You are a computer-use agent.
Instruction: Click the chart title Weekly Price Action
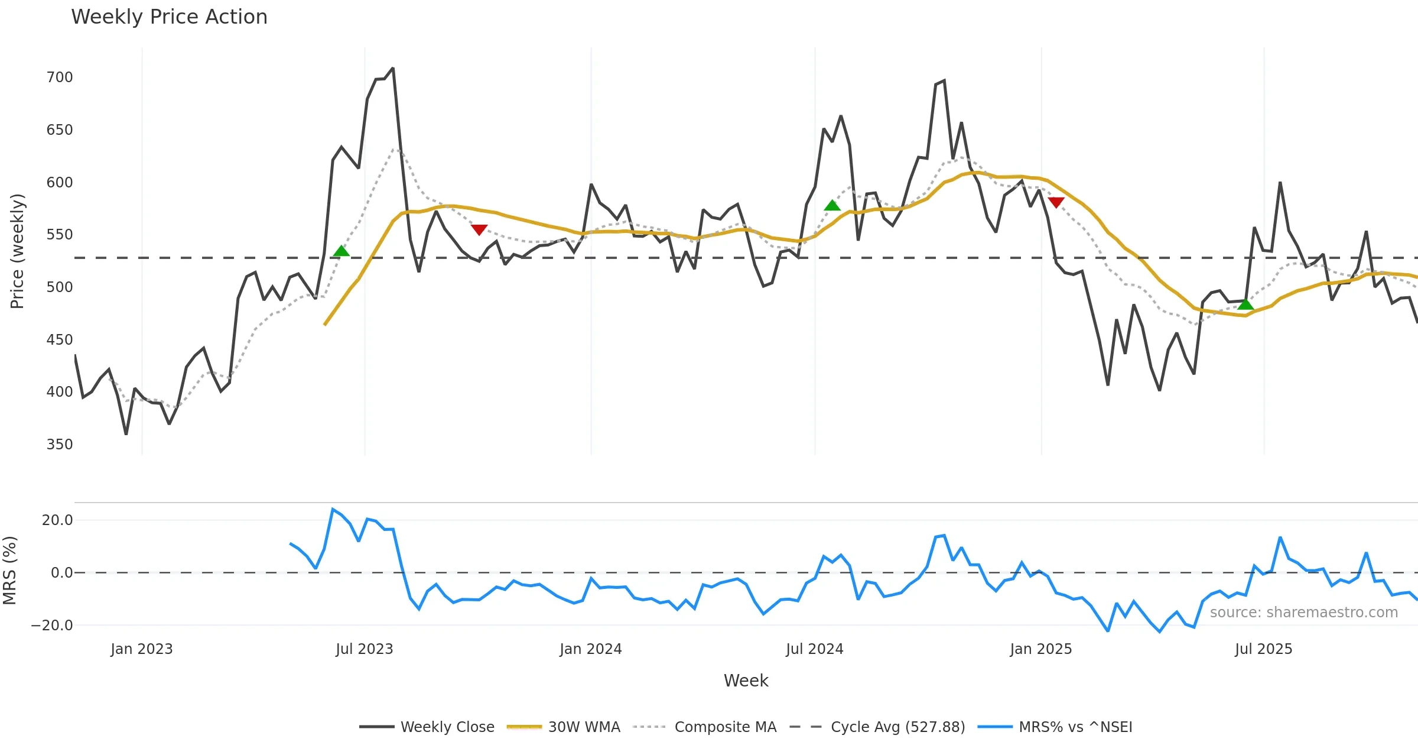click(169, 17)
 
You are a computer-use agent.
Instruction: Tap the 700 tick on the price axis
click(60, 77)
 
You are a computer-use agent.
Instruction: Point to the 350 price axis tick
click(60, 445)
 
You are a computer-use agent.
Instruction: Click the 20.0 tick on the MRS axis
click(57, 520)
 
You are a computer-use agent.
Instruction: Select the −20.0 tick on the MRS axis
click(53, 626)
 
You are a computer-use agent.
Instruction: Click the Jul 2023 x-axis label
click(364, 649)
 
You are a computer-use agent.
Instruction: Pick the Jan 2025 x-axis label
click(1040, 649)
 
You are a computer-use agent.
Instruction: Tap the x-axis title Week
click(746, 681)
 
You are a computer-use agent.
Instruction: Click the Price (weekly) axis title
click(17, 251)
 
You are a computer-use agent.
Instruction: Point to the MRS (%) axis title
click(10, 571)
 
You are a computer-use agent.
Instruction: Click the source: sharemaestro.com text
click(1303, 613)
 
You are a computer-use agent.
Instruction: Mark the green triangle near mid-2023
click(342, 251)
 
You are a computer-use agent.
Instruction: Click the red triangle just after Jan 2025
click(1056, 202)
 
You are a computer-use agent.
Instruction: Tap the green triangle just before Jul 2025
click(1245, 305)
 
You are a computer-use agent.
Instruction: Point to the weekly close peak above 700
click(393, 69)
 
